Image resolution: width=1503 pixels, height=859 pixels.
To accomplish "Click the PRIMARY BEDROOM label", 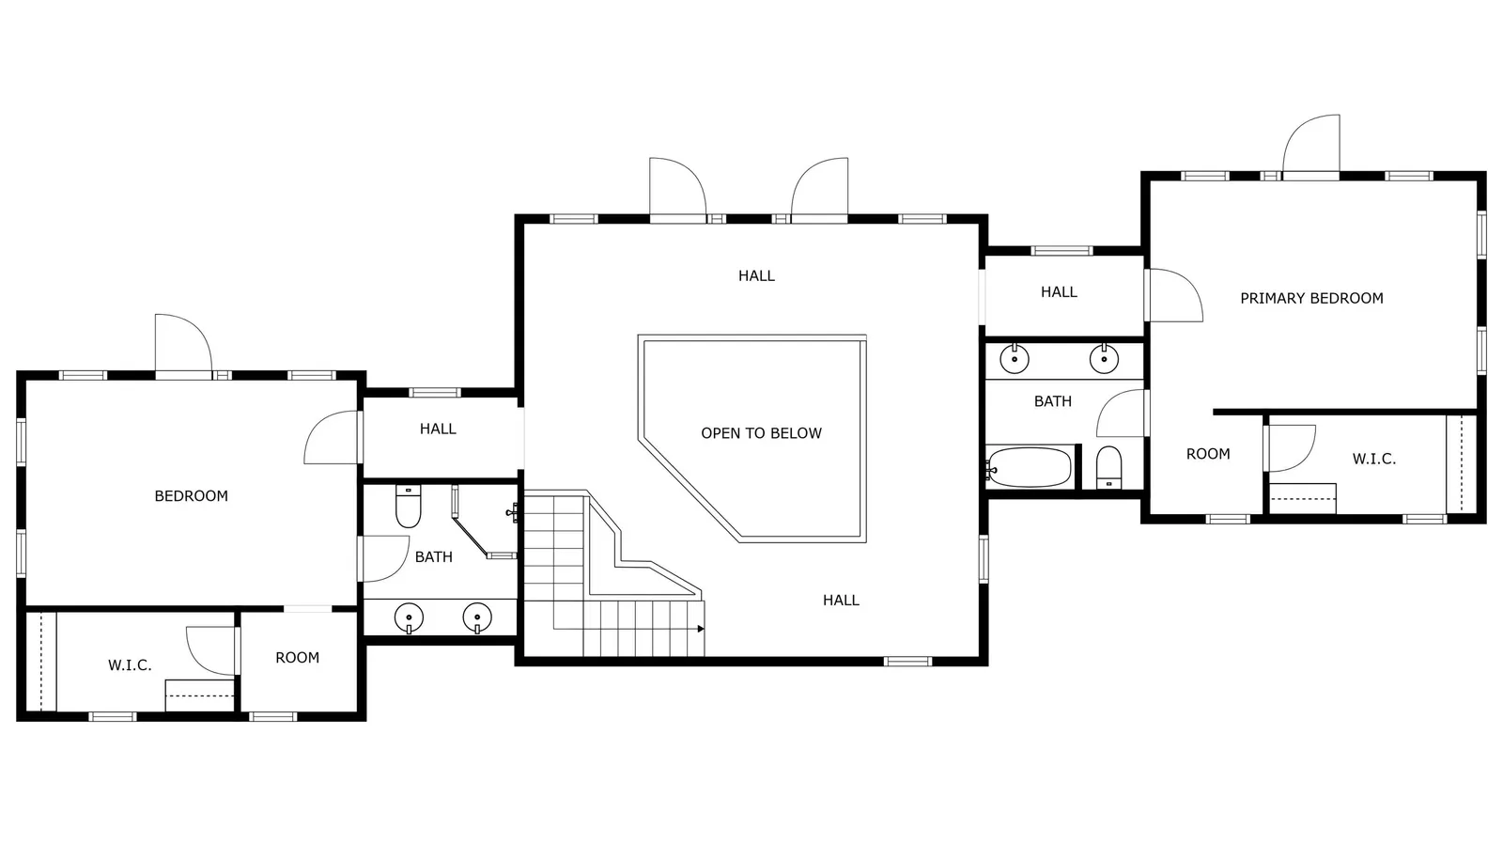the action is click(x=1311, y=298).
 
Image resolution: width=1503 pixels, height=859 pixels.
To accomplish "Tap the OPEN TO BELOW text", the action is click(x=761, y=433).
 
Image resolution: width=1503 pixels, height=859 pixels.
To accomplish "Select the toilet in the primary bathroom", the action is click(x=1108, y=467).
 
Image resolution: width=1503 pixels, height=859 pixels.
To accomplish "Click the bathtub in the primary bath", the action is click(x=1029, y=467).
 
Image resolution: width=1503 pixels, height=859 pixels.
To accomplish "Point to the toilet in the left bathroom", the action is click(x=408, y=506).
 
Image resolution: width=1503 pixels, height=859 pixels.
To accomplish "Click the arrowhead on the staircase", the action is click(x=701, y=629).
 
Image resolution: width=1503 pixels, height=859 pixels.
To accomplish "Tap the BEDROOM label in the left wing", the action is click(x=192, y=496).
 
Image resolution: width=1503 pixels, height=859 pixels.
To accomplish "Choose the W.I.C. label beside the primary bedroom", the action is click(x=1373, y=459).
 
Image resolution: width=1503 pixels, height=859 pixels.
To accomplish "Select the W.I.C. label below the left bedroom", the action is click(x=130, y=665).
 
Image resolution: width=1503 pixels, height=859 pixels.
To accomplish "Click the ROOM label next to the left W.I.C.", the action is click(x=297, y=658).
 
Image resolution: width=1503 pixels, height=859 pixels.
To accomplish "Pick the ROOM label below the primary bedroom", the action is click(x=1208, y=454).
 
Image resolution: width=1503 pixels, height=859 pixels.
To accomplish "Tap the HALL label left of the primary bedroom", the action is click(x=1059, y=292).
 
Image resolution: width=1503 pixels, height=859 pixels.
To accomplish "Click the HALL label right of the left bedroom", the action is click(x=438, y=429).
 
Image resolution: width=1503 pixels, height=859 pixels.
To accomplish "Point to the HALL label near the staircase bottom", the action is click(x=841, y=600).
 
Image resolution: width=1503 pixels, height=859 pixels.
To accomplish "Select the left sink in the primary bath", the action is click(x=1015, y=358).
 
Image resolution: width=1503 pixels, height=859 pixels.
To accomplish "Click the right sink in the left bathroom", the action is click(x=477, y=618).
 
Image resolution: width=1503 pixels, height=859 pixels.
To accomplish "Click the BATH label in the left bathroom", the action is click(x=433, y=557).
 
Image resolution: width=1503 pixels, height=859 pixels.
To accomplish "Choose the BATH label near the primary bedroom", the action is click(x=1053, y=401).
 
